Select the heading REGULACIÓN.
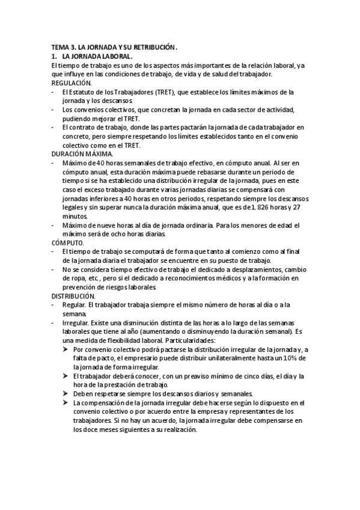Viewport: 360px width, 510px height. tap(72, 82)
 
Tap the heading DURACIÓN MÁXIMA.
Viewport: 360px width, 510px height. tap(82, 155)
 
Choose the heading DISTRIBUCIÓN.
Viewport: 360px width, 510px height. tap(73, 296)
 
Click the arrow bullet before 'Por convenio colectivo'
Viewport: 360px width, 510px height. tap(66, 349)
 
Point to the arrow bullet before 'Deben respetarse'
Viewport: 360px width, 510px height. tap(66, 394)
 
